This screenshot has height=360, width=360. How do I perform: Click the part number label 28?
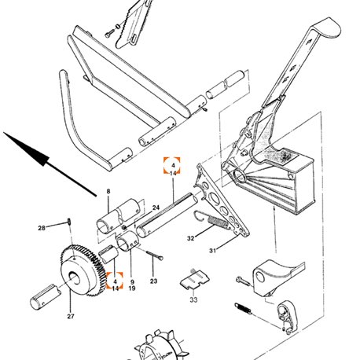point(42,228)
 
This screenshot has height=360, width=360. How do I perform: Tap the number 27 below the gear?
point(71,316)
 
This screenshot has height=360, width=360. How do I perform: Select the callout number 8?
point(108,192)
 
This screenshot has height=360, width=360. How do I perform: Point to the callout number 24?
point(156,208)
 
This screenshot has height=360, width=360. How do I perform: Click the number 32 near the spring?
point(191,238)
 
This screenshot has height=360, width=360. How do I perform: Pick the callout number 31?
point(212,251)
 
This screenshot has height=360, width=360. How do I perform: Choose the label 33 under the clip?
point(193,299)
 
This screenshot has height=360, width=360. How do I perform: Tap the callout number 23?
point(153,281)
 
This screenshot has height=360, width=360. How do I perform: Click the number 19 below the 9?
point(132,288)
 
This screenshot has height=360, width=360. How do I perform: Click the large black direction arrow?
point(50,164)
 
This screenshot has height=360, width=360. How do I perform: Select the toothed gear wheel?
point(83,270)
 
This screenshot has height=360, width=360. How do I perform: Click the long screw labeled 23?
point(155,255)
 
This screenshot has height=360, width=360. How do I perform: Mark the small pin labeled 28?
point(69,222)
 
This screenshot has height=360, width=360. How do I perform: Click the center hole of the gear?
point(75,278)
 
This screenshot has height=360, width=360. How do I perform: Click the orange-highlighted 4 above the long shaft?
point(172,165)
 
